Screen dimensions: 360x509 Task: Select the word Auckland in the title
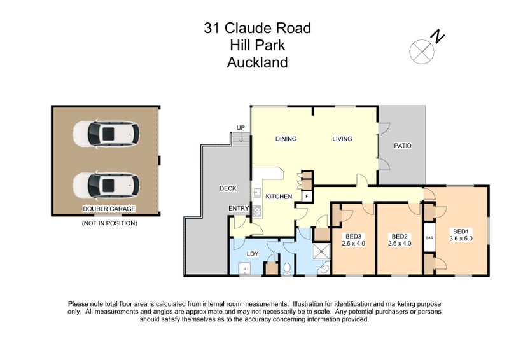click(x=257, y=62)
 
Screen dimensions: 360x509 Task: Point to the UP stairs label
click(x=241, y=128)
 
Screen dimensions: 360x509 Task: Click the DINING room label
click(x=286, y=139)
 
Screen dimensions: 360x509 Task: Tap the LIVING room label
click(x=342, y=139)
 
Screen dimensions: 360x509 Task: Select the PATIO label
click(x=402, y=146)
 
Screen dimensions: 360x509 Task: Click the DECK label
click(x=228, y=188)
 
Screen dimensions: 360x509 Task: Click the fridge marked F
click(x=306, y=197)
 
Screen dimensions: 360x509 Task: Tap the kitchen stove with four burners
click(x=258, y=211)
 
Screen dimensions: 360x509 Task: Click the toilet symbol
click(x=286, y=269)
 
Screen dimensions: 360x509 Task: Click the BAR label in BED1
click(x=429, y=237)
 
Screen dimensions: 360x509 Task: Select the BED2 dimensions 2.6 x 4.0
click(x=400, y=242)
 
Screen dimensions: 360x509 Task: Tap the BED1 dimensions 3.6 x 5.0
click(x=461, y=238)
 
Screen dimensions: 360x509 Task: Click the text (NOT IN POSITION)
click(x=109, y=223)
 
